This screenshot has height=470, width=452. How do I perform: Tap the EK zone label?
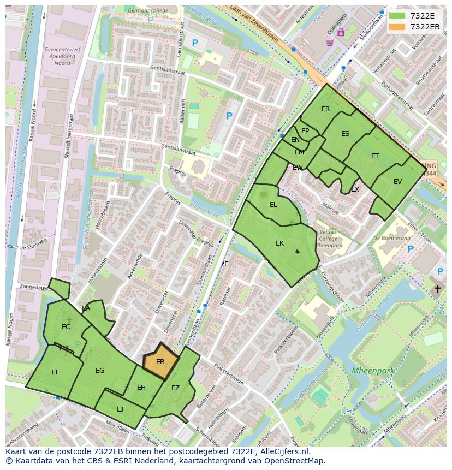pos(279,243)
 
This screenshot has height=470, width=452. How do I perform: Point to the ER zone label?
pos(326,109)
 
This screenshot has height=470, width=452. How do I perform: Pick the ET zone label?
pos(375,156)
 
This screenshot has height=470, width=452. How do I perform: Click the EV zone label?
pos(397,182)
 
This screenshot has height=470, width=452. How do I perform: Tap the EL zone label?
pos(273,205)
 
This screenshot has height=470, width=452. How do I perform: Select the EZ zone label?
pos(175,388)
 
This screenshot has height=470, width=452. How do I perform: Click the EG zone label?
pos(100,371)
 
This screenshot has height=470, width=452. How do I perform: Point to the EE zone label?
pos(56,372)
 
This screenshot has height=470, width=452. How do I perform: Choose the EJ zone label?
pos(120,409)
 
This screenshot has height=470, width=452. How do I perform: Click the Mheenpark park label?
pos(373,371)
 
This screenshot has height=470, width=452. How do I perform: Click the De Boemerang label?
pos(392,238)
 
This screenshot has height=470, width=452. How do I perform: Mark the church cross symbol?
pos(437,289)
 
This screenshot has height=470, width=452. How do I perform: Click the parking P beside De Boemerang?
pos(411,249)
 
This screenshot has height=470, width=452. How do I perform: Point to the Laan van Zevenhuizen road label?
pos(254,24)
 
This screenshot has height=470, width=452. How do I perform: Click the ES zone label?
pos(345,134)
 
